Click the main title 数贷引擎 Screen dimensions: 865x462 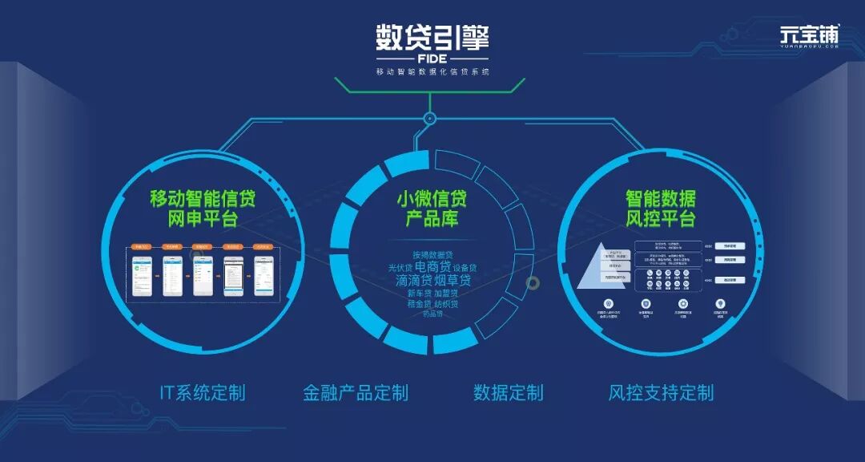(x=432, y=38)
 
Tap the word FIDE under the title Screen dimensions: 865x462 (x=432, y=59)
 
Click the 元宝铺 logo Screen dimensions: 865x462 (x=810, y=35)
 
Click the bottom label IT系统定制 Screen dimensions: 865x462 (x=203, y=392)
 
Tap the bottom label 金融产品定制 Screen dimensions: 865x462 (x=356, y=392)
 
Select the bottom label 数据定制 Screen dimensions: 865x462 (x=508, y=392)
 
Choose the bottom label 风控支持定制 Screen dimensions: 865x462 (x=661, y=392)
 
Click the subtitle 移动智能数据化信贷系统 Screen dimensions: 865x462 (x=432, y=72)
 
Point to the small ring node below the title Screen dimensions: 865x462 (x=430, y=119)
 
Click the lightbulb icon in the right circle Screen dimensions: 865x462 (x=721, y=304)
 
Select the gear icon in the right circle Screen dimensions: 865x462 (x=683, y=304)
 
